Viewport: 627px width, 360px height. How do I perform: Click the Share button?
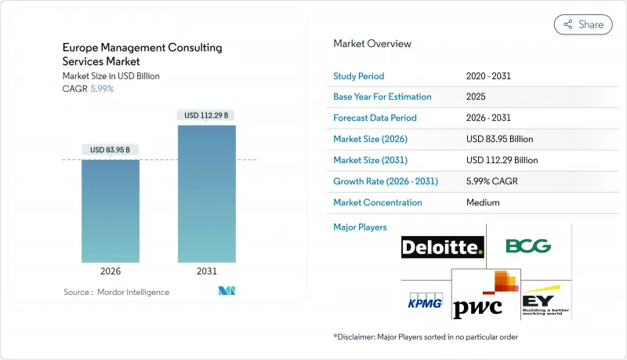[583, 24]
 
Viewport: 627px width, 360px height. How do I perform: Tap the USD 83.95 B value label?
[111, 150]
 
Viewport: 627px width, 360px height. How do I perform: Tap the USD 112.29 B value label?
[207, 115]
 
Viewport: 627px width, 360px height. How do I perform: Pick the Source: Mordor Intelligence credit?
[116, 292]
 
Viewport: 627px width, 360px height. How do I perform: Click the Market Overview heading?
[372, 43]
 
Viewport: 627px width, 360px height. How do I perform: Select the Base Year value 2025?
[476, 96]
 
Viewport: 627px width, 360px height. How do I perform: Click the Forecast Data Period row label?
[375, 118]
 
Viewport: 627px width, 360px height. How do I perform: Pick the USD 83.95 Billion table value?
[499, 139]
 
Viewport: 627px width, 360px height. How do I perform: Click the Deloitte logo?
[443, 248]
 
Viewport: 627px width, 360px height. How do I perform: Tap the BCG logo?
[527, 246]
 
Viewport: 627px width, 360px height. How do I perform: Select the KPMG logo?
[426, 301]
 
